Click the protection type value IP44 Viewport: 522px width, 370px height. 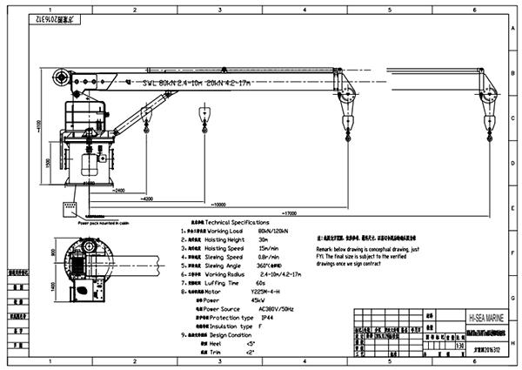tap(269, 318)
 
